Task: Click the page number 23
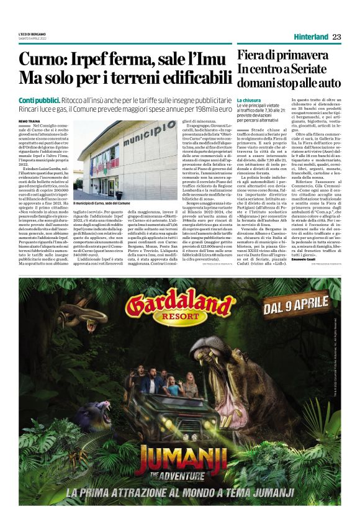click(x=335, y=36)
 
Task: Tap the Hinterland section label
click(x=308, y=36)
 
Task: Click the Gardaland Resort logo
click(x=171, y=309)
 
